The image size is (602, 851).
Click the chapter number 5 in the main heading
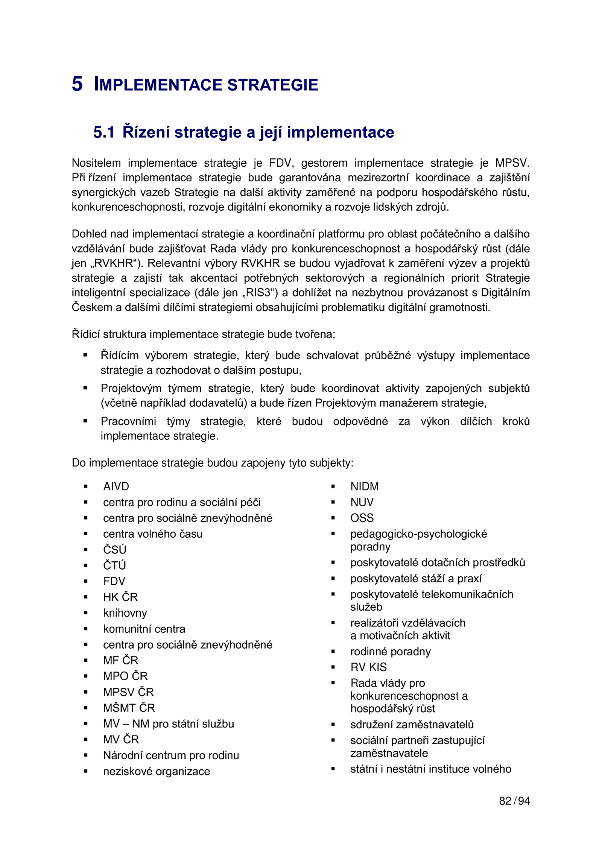coord(77,84)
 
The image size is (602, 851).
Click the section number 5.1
coord(104,132)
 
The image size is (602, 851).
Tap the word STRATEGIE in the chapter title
coord(273,85)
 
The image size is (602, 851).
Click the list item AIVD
coord(116,486)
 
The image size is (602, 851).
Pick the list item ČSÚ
coord(115,550)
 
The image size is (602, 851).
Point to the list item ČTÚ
coord(114,565)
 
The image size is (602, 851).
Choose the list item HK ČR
coord(120,597)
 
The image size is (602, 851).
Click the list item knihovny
coord(125,613)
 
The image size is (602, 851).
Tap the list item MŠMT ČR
coord(129,708)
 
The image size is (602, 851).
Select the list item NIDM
coord(364,486)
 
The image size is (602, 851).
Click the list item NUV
coord(362,502)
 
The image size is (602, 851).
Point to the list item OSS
coord(362,518)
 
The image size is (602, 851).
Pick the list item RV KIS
coord(368,667)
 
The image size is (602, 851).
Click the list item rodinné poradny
coord(390,651)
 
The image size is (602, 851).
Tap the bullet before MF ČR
coord(86,660)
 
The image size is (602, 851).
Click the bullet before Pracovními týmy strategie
coord(85,421)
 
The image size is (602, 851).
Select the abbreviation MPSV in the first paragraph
coord(512,163)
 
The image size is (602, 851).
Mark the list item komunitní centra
coord(144,629)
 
